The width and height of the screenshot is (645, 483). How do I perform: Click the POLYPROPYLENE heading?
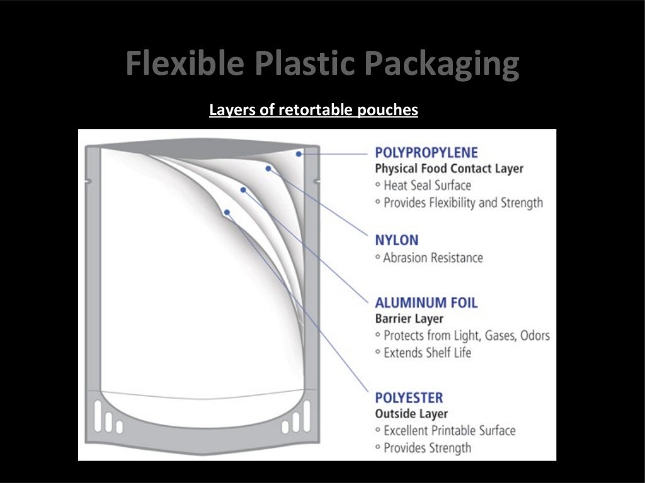[x=426, y=152]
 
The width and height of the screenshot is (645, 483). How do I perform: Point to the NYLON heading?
[x=396, y=240]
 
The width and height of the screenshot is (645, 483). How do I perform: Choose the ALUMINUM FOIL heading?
[x=426, y=302]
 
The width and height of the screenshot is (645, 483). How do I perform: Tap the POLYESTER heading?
[x=409, y=397]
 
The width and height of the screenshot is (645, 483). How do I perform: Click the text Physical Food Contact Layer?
[x=449, y=169]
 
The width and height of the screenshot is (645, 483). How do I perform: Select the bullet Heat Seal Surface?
[x=426, y=186]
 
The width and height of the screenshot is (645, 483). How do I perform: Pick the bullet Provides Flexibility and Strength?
[x=462, y=203]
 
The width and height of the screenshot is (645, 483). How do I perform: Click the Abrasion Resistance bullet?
[x=433, y=257]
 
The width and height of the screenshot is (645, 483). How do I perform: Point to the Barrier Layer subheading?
[x=409, y=318]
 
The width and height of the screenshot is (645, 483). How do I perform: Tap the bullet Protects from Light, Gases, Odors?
[x=465, y=335]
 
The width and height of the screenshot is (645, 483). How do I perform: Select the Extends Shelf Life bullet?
[x=426, y=352]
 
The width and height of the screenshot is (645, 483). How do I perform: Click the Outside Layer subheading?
[x=411, y=414]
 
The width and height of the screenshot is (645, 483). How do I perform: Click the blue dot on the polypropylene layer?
[x=299, y=153]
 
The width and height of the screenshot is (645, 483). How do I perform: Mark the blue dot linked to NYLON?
[x=268, y=169]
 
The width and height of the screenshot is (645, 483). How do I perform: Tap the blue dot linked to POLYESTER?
[x=227, y=213]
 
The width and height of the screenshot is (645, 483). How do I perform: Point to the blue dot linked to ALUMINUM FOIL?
[x=243, y=189]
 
